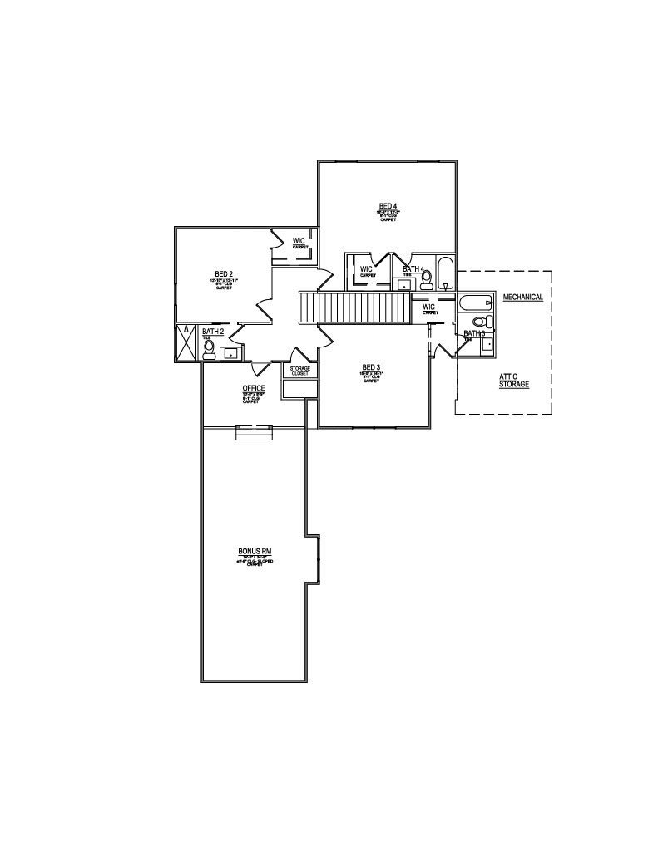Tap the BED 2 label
223,273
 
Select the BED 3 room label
371,367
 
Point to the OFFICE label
254,388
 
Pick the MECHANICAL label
523,297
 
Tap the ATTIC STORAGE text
514,381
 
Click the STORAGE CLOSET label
299,371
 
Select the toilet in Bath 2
210,349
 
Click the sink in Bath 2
230,353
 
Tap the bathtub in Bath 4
446,273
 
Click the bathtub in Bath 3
475,303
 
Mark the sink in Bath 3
487,343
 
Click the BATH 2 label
213,332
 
